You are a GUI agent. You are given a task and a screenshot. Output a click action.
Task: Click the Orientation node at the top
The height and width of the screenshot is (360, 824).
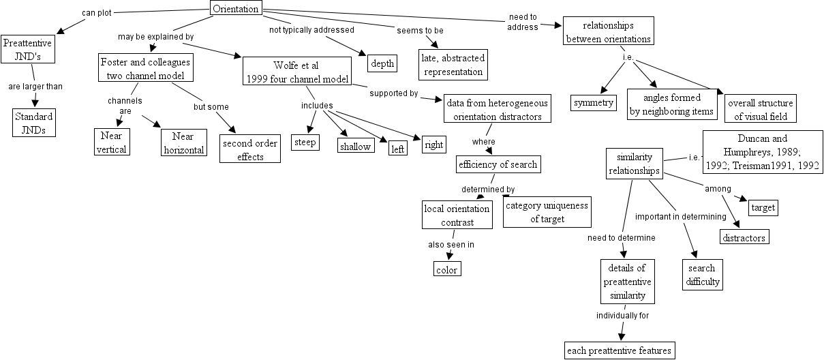tap(236, 9)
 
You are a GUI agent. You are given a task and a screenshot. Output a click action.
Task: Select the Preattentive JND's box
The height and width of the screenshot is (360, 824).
tap(27, 50)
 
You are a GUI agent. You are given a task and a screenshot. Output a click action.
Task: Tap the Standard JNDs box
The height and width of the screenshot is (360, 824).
tap(33, 123)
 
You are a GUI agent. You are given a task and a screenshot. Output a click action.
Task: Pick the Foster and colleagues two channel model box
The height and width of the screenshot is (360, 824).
tap(145, 68)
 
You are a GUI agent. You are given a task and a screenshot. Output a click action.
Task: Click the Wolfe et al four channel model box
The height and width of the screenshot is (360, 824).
tap(296, 72)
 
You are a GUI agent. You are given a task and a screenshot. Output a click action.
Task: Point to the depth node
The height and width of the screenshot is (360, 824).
tap(382, 63)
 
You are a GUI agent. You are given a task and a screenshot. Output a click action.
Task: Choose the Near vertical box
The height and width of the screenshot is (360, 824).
tap(111, 142)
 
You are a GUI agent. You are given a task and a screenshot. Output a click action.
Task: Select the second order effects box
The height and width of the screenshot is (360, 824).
tap(250, 149)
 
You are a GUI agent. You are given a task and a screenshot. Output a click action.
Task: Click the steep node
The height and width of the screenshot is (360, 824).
tap(305, 142)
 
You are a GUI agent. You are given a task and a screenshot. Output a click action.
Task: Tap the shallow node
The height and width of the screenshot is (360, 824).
tap(356, 146)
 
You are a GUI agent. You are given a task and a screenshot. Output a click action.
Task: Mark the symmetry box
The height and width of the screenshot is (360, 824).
tap(594, 104)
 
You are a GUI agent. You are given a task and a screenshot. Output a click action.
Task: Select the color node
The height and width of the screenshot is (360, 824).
tap(447, 269)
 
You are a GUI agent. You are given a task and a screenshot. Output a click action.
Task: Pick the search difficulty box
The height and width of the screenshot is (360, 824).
tap(703, 274)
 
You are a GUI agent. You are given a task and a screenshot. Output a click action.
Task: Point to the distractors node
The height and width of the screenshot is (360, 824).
tap(745, 237)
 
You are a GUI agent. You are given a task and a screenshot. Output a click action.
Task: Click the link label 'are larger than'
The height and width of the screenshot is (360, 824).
tap(35, 87)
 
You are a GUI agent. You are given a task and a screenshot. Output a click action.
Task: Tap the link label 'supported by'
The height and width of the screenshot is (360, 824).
tap(394, 93)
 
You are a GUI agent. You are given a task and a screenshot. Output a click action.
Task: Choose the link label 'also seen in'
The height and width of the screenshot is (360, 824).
tap(451, 244)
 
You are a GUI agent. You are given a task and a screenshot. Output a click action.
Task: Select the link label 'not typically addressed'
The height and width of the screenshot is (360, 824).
tap(311, 30)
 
